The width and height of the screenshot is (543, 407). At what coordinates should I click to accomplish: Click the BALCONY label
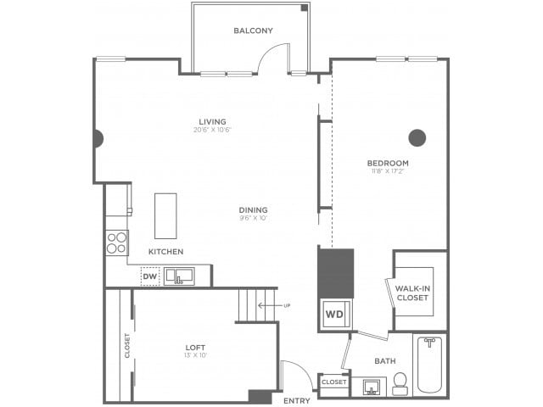(253, 31)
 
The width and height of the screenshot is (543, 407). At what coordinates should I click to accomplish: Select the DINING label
(253, 209)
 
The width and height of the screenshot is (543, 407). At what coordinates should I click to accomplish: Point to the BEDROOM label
(388, 163)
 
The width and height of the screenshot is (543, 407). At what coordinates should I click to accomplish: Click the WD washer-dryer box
(334, 314)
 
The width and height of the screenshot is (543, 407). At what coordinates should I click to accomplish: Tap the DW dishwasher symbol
(150, 276)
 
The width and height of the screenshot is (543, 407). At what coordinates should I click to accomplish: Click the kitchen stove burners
(116, 243)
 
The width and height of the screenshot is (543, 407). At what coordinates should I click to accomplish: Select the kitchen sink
(179, 276)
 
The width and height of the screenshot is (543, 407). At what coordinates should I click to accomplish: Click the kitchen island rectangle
(165, 215)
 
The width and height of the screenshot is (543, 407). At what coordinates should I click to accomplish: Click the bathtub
(429, 365)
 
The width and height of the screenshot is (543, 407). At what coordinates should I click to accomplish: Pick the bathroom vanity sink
(372, 387)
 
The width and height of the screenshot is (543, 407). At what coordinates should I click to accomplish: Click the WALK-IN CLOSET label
(413, 293)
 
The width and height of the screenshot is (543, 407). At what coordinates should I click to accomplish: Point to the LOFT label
(195, 348)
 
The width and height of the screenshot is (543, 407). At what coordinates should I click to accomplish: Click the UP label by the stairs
(287, 305)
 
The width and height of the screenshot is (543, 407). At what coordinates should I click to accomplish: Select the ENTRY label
(297, 400)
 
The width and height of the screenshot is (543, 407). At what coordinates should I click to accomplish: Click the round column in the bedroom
(417, 137)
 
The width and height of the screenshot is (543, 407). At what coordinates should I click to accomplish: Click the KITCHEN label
(165, 252)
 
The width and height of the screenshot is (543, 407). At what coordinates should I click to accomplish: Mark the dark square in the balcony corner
(305, 8)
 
